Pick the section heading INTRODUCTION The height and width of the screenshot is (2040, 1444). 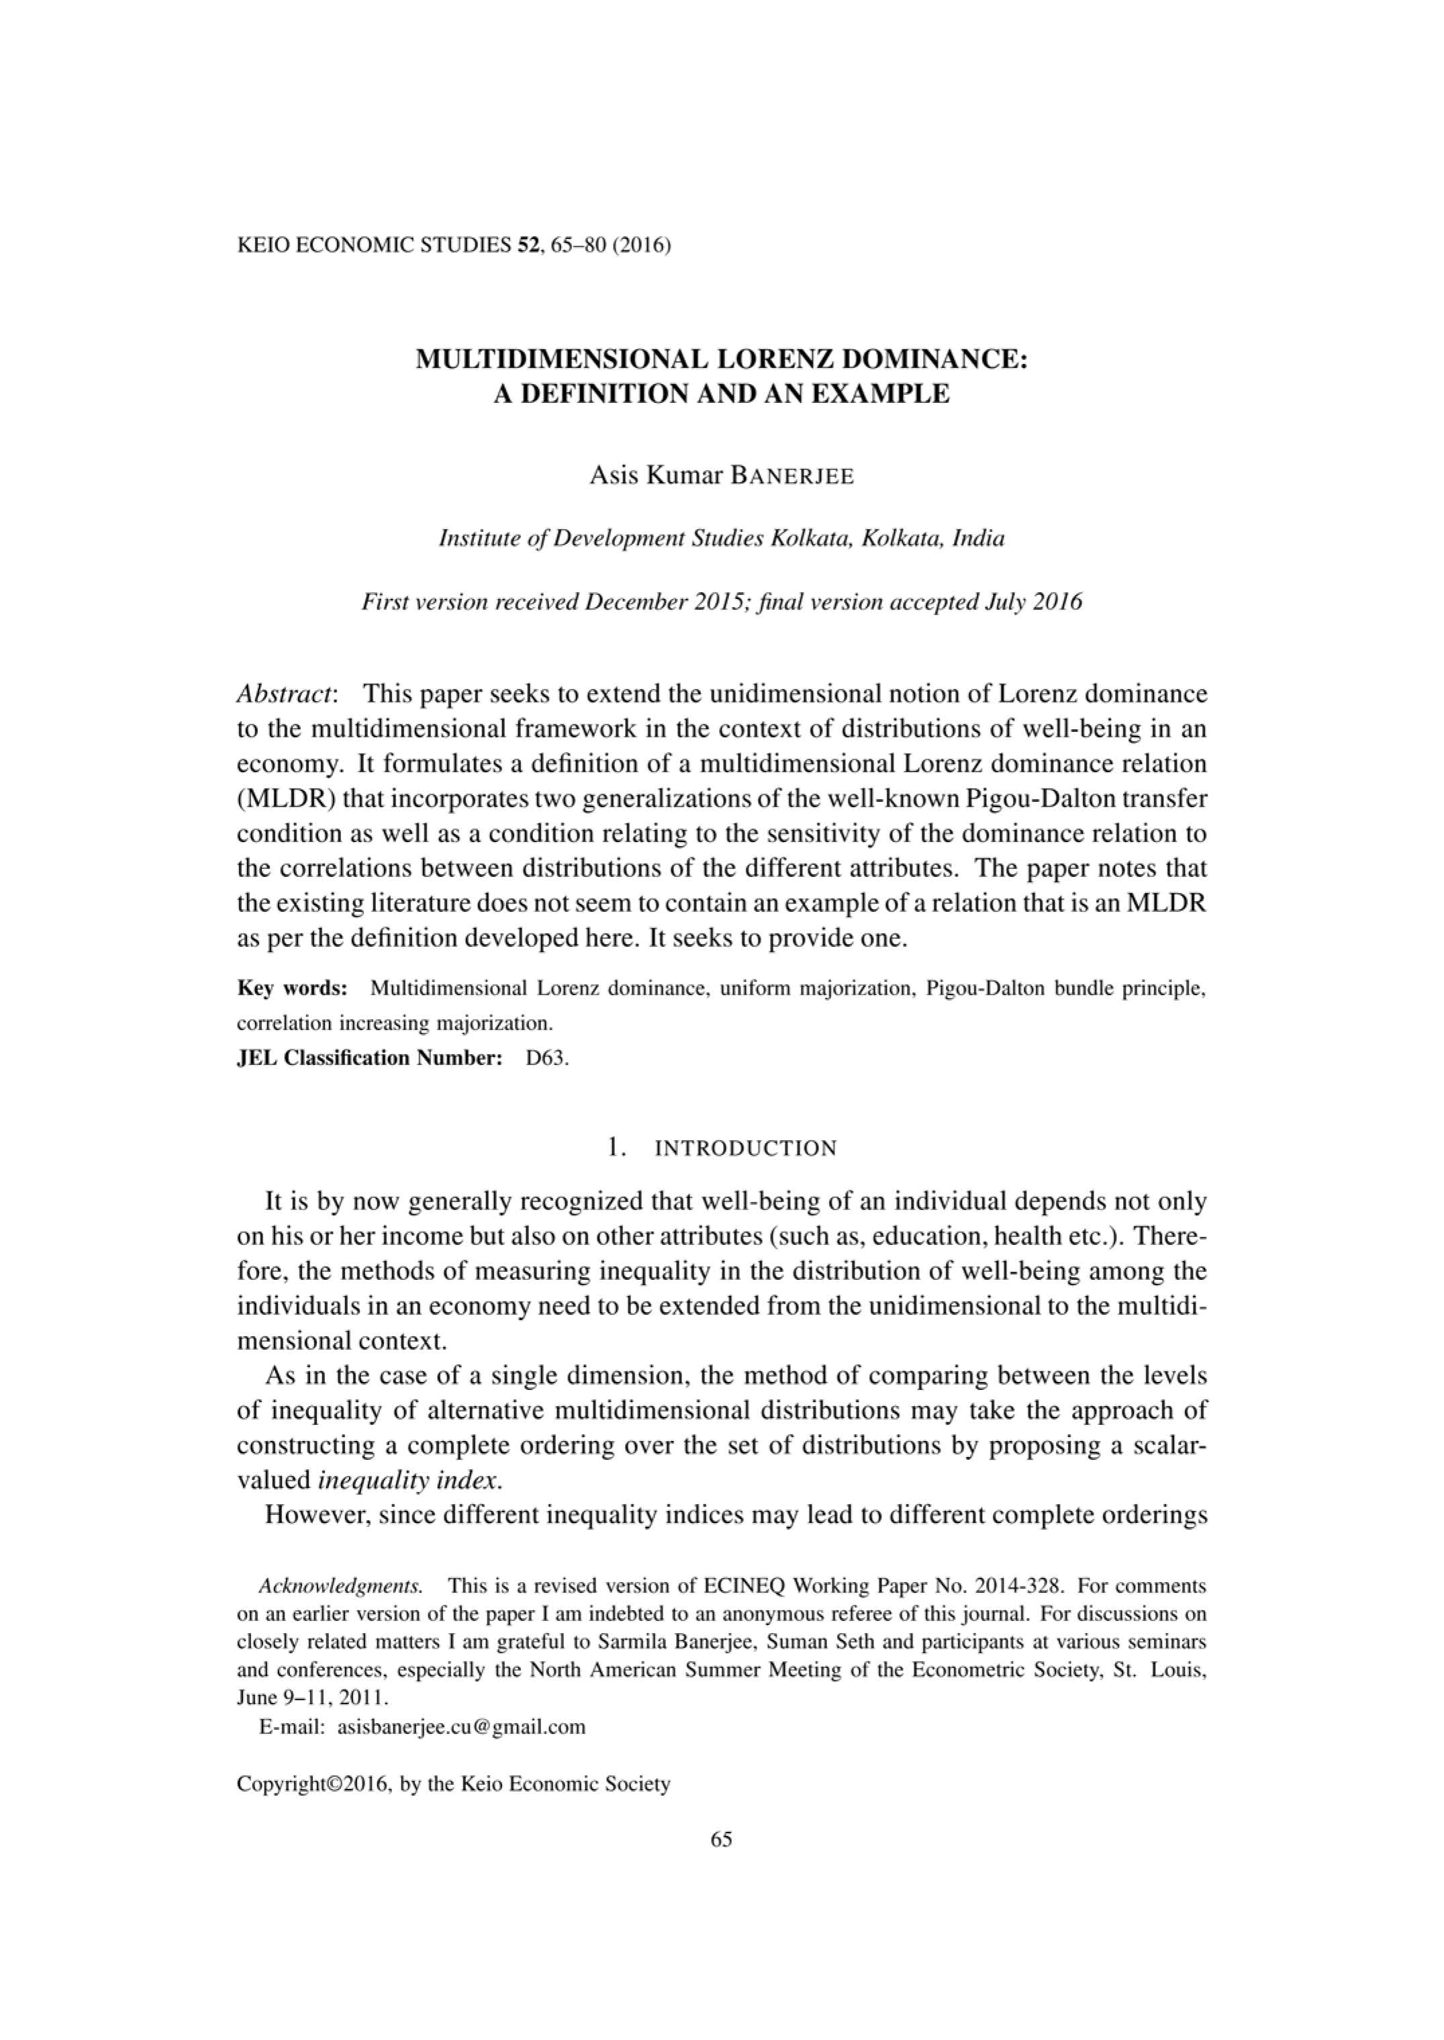click(x=745, y=1148)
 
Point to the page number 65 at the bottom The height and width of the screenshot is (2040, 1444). click(x=721, y=1839)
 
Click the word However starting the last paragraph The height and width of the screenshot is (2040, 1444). click(x=316, y=1516)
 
